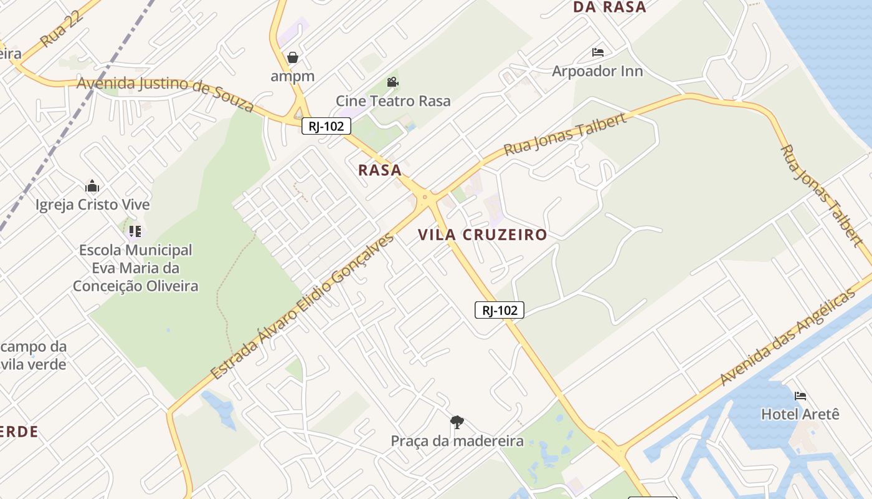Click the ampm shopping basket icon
(293, 57)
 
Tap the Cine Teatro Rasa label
(393, 101)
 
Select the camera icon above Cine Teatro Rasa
(392, 82)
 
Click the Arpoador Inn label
(597, 71)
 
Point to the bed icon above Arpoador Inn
(598, 52)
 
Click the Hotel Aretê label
(800, 414)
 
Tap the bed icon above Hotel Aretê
(800, 395)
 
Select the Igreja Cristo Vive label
(93, 205)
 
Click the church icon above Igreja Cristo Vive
(92, 186)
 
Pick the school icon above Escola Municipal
(135, 231)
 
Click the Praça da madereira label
(457, 441)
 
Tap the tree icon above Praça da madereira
(457, 422)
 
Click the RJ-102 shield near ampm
(326, 126)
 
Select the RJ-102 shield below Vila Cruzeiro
(500, 310)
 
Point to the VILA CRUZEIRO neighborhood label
(483, 235)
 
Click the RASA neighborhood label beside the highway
(380, 170)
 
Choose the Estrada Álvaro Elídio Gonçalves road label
(303, 306)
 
